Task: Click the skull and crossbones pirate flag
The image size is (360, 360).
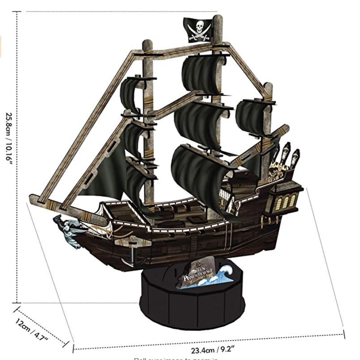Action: click(x=197, y=30)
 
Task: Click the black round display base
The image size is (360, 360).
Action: click(x=193, y=298)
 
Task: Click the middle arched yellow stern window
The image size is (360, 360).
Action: click(x=285, y=202)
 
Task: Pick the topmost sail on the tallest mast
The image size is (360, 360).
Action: click(x=202, y=74)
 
